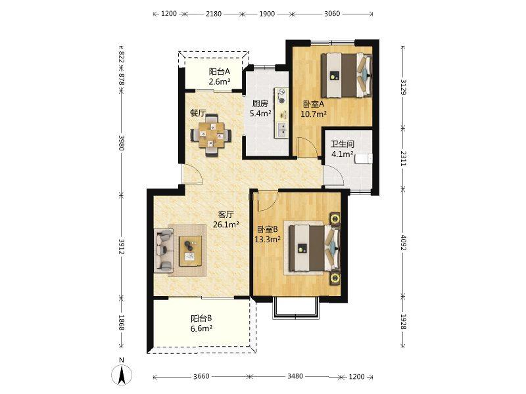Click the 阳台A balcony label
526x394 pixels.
220,72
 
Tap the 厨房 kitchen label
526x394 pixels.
260,104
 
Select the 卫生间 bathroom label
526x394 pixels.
343,144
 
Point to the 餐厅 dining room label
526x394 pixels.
198,113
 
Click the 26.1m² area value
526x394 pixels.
226,225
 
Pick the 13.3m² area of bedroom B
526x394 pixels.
268,239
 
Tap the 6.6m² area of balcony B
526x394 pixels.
201,328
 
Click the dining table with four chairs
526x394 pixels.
211,135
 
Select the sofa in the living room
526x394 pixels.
164,251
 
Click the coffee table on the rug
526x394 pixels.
190,251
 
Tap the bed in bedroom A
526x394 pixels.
347,76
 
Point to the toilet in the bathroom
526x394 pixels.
364,158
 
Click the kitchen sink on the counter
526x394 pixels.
281,129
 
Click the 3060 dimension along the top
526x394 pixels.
332,14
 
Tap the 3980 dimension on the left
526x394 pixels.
122,143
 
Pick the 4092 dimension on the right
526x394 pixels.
404,243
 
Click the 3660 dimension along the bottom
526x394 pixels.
201,376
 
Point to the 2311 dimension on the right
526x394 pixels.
404,158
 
